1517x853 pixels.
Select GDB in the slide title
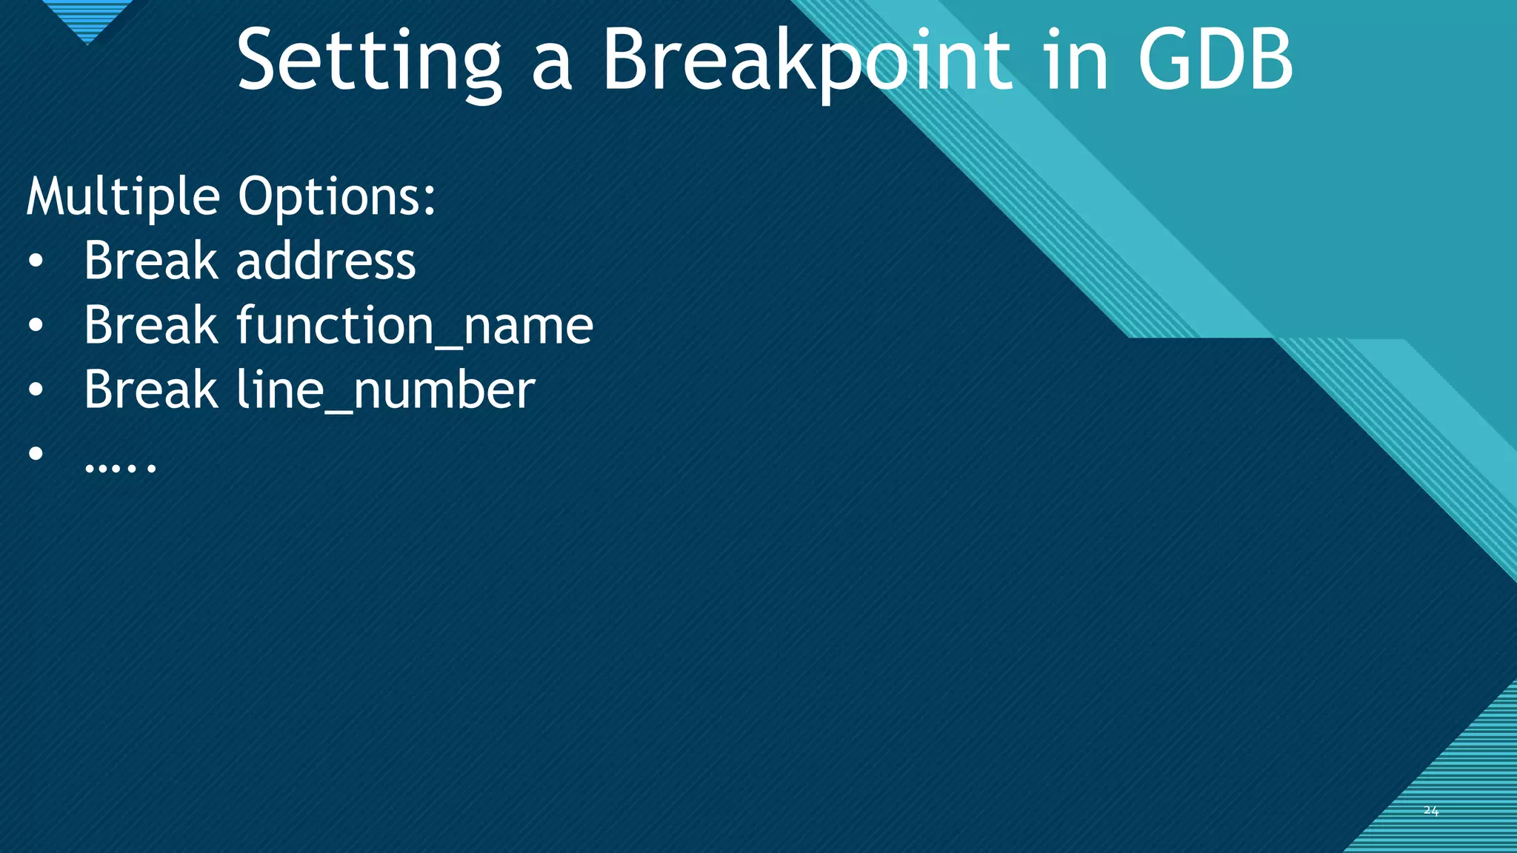(1215, 61)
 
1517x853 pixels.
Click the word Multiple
(122, 197)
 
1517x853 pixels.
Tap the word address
(326, 261)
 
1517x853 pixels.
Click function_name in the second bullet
(415, 326)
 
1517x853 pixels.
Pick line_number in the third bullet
(385, 390)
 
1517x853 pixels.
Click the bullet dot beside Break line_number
(36, 390)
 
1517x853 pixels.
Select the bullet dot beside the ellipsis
(36, 453)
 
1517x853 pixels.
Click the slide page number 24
(1430, 811)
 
